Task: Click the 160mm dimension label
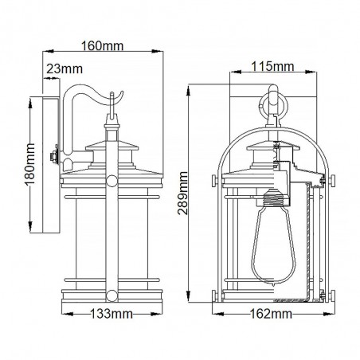pyautogui.click(x=104, y=46)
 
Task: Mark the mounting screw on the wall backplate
pyautogui.click(x=53, y=155)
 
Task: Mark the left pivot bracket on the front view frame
pyautogui.click(x=215, y=176)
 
